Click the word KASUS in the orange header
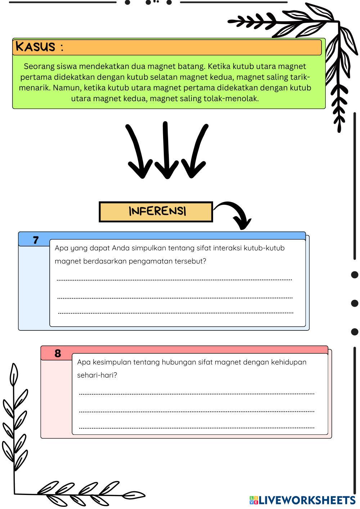[x=35, y=47]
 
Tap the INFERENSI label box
[x=156, y=212]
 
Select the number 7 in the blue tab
[x=35, y=240]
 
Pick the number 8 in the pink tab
[x=58, y=353]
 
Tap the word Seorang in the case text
[x=39, y=67]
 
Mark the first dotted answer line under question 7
[x=174, y=280]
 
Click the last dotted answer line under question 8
[x=197, y=428]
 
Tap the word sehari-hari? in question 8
[x=97, y=375]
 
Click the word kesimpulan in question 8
[x=111, y=362]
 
